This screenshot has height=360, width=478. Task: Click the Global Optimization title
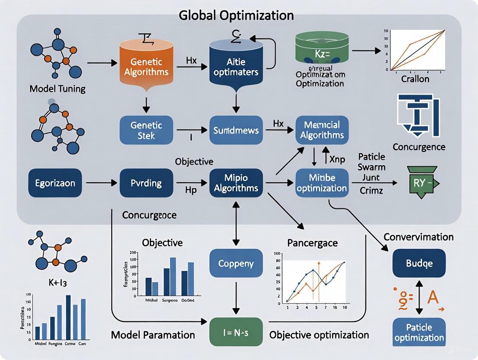point(236,16)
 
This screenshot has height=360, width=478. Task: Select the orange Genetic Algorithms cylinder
point(147,65)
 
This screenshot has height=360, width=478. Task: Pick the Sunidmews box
point(235,129)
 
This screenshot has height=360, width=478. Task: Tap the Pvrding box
point(146,183)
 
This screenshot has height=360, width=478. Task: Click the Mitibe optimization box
point(322,183)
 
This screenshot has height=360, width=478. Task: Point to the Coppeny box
point(236,263)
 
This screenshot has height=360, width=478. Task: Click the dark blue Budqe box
point(419,263)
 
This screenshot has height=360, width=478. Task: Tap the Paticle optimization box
point(419,332)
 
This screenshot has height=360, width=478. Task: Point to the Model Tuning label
point(57,89)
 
